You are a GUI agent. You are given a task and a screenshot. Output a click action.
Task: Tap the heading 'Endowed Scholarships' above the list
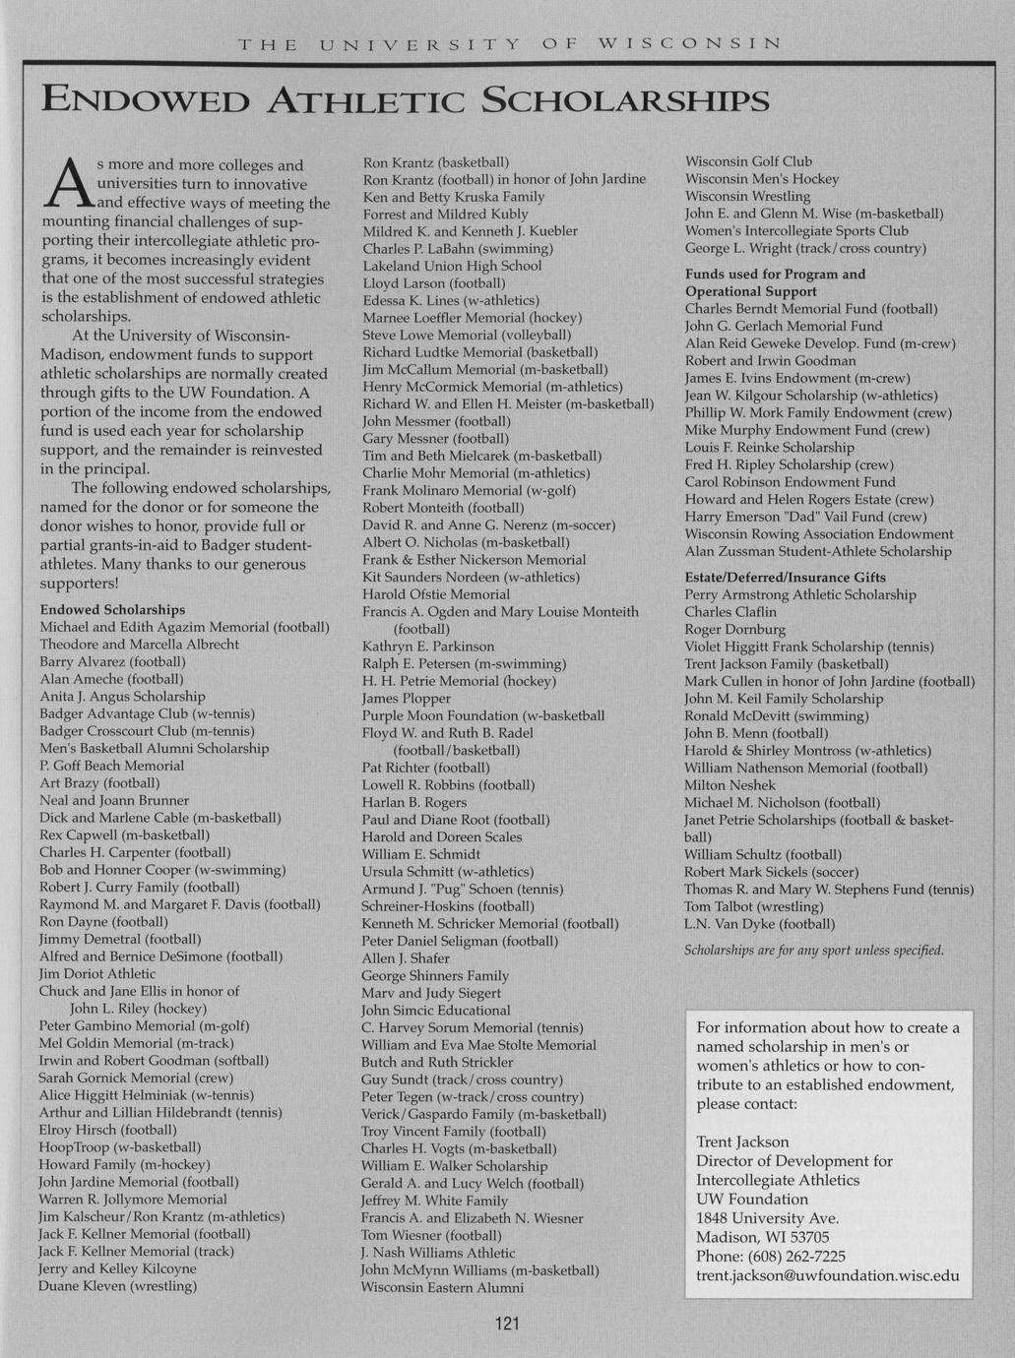112,610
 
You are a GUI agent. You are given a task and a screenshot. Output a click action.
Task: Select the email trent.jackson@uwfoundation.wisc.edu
827,1275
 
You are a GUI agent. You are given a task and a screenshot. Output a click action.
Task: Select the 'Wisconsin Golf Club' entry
748,161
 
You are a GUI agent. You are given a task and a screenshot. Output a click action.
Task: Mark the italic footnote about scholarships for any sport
814,951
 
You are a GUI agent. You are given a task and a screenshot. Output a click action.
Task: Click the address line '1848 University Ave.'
767,1218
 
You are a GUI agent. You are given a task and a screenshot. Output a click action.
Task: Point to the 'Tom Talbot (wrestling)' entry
753,906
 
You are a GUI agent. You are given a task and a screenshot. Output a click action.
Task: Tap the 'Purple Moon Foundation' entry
482,715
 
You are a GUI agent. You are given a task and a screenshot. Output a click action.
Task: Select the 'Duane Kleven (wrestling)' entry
118,1285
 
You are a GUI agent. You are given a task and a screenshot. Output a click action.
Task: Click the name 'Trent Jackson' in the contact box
742,1142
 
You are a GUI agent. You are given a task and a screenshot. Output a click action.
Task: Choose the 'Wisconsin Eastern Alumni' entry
442,1287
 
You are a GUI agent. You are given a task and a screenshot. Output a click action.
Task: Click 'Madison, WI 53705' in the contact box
762,1237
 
